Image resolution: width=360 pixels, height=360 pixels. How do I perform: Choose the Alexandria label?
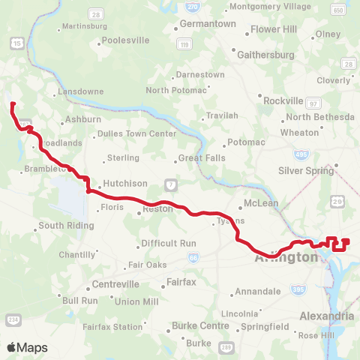(326, 316)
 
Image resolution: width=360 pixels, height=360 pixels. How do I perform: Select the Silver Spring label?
(305, 170)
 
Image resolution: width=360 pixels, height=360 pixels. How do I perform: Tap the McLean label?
(261, 203)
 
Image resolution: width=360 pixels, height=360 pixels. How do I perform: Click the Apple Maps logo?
(27, 347)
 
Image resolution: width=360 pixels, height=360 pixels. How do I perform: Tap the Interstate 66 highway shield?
(193, 257)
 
